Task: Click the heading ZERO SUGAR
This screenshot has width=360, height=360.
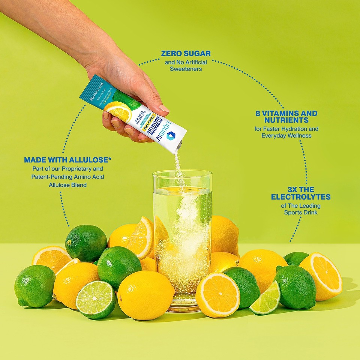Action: pyautogui.click(x=186, y=53)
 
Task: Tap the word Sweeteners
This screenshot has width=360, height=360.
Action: pyautogui.click(x=186, y=69)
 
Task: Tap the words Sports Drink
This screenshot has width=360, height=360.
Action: pyautogui.click(x=301, y=213)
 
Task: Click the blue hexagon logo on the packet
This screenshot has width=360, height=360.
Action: pyautogui.click(x=171, y=136)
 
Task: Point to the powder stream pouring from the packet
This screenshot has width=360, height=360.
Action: pyautogui.click(x=179, y=165)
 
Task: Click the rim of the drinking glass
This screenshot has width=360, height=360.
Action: pyautogui.click(x=182, y=173)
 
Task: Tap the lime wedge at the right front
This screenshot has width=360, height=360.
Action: pyautogui.click(x=266, y=299)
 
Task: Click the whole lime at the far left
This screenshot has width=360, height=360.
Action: pyautogui.click(x=34, y=286)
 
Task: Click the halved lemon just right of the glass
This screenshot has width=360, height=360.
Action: pyautogui.click(x=217, y=295)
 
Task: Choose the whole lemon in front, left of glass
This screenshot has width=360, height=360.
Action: pyautogui.click(x=145, y=295)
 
